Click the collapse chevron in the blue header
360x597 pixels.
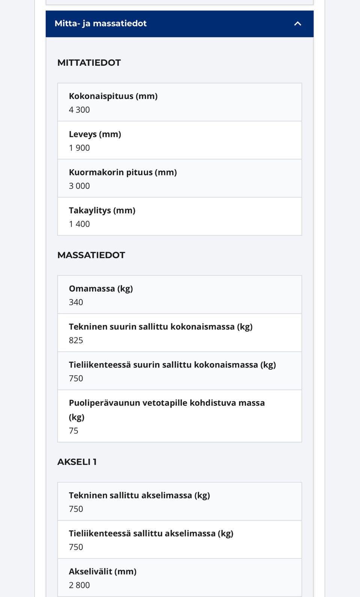(298, 24)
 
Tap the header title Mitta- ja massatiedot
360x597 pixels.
(100, 24)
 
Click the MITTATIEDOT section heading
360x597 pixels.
(89, 63)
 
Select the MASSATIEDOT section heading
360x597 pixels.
(91, 255)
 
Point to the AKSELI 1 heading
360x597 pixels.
(77, 462)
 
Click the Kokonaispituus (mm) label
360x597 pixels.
(113, 96)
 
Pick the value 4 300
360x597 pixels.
(79, 110)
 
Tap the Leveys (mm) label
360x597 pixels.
(95, 134)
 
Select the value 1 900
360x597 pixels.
(79, 148)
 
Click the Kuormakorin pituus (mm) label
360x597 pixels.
(123, 172)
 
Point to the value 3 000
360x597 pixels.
(79, 186)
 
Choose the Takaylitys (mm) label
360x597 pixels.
(102, 210)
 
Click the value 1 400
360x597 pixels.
(79, 224)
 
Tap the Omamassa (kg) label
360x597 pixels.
(101, 289)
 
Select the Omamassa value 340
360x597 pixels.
(76, 302)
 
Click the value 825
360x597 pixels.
(76, 340)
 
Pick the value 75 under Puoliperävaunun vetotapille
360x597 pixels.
(73, 431)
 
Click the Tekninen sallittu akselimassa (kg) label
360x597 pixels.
(139, 495)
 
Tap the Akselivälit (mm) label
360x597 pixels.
(102, 571)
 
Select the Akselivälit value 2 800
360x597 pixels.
(79, 585)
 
